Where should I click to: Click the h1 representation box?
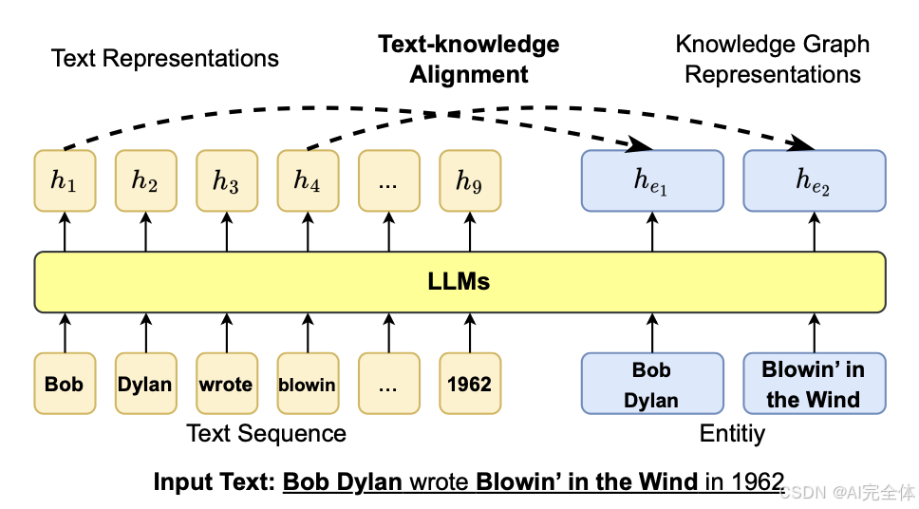pos(65,180)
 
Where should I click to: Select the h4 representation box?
pos(308,180)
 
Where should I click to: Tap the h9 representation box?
pos(470,180)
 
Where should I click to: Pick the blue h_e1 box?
pos(652,180)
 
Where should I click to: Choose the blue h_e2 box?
pos(814,180)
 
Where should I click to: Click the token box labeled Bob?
pos(65,384)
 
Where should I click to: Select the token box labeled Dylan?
pos(145,384)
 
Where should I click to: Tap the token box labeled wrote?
pos(227,384)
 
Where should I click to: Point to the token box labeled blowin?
pos(308,384)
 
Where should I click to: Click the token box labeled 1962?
pos(470,384)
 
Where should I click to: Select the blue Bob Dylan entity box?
pos(652,384)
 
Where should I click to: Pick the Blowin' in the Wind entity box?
pos(814,384)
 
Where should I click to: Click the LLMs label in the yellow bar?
pos(459,281)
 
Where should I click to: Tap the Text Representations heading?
pos(164,59)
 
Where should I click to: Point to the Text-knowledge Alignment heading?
pos(469,59)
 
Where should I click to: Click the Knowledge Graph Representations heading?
pos(773,59)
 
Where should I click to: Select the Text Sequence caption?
pos(266,434)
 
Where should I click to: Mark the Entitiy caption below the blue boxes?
pos(732,434)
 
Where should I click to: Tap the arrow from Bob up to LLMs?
pos(65,332)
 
